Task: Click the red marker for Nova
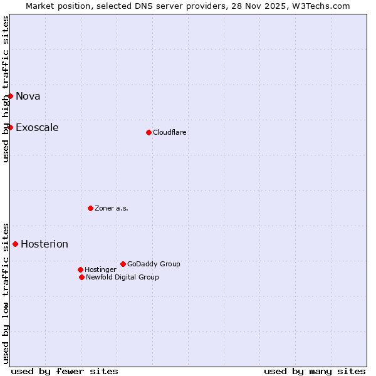(11, 96)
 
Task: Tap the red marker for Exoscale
(11, 127)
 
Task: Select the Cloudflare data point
(149, 132)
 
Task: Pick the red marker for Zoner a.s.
(90, 208)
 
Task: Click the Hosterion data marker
(16, 244)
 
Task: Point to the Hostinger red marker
(80, 269)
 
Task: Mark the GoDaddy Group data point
(123, 264)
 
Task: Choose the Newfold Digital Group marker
(81, 277)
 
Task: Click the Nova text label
(28, 96)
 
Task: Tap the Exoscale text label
(37, 127)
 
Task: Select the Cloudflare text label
(170, 132)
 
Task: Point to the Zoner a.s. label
(112, 208)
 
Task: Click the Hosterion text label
(44, 244)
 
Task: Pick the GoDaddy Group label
(154, 264)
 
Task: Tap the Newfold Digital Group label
(122, 277)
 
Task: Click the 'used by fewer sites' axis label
(65, 371)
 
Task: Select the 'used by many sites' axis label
(315, 371)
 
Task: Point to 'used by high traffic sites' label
(6, 89)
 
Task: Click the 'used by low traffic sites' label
(6, 293)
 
